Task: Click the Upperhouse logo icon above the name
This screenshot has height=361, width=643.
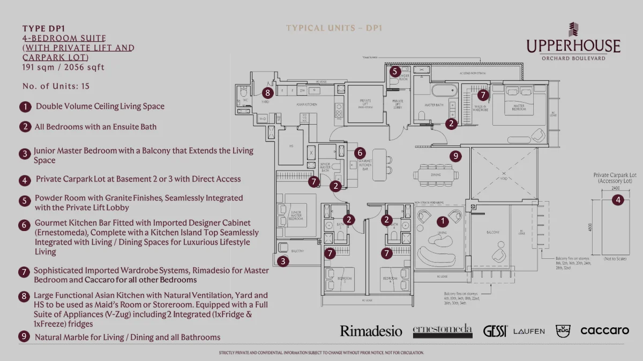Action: tap(573, 30)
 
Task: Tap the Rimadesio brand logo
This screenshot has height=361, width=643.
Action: tap(371, 331)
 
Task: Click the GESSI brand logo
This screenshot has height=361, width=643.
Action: tap(495, 331)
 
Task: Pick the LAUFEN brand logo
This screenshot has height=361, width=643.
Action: tap(529, 332)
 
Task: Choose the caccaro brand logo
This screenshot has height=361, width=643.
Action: tap(604, 331)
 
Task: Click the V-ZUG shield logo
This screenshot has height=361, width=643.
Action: tap(563, 331)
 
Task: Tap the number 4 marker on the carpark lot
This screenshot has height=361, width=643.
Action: tap(618, 200)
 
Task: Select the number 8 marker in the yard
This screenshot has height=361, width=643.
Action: tap(268, 92)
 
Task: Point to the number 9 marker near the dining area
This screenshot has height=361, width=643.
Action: tap(455, 156)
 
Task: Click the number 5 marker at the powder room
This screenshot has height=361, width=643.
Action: tap(395, 71)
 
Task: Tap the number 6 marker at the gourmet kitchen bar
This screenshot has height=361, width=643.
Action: tap(360, 152)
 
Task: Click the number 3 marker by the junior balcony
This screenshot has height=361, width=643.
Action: tap(283, 261)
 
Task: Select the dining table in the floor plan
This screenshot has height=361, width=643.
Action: tap(436, 175)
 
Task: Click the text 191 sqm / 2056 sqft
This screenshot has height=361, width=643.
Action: tap(63, 67)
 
